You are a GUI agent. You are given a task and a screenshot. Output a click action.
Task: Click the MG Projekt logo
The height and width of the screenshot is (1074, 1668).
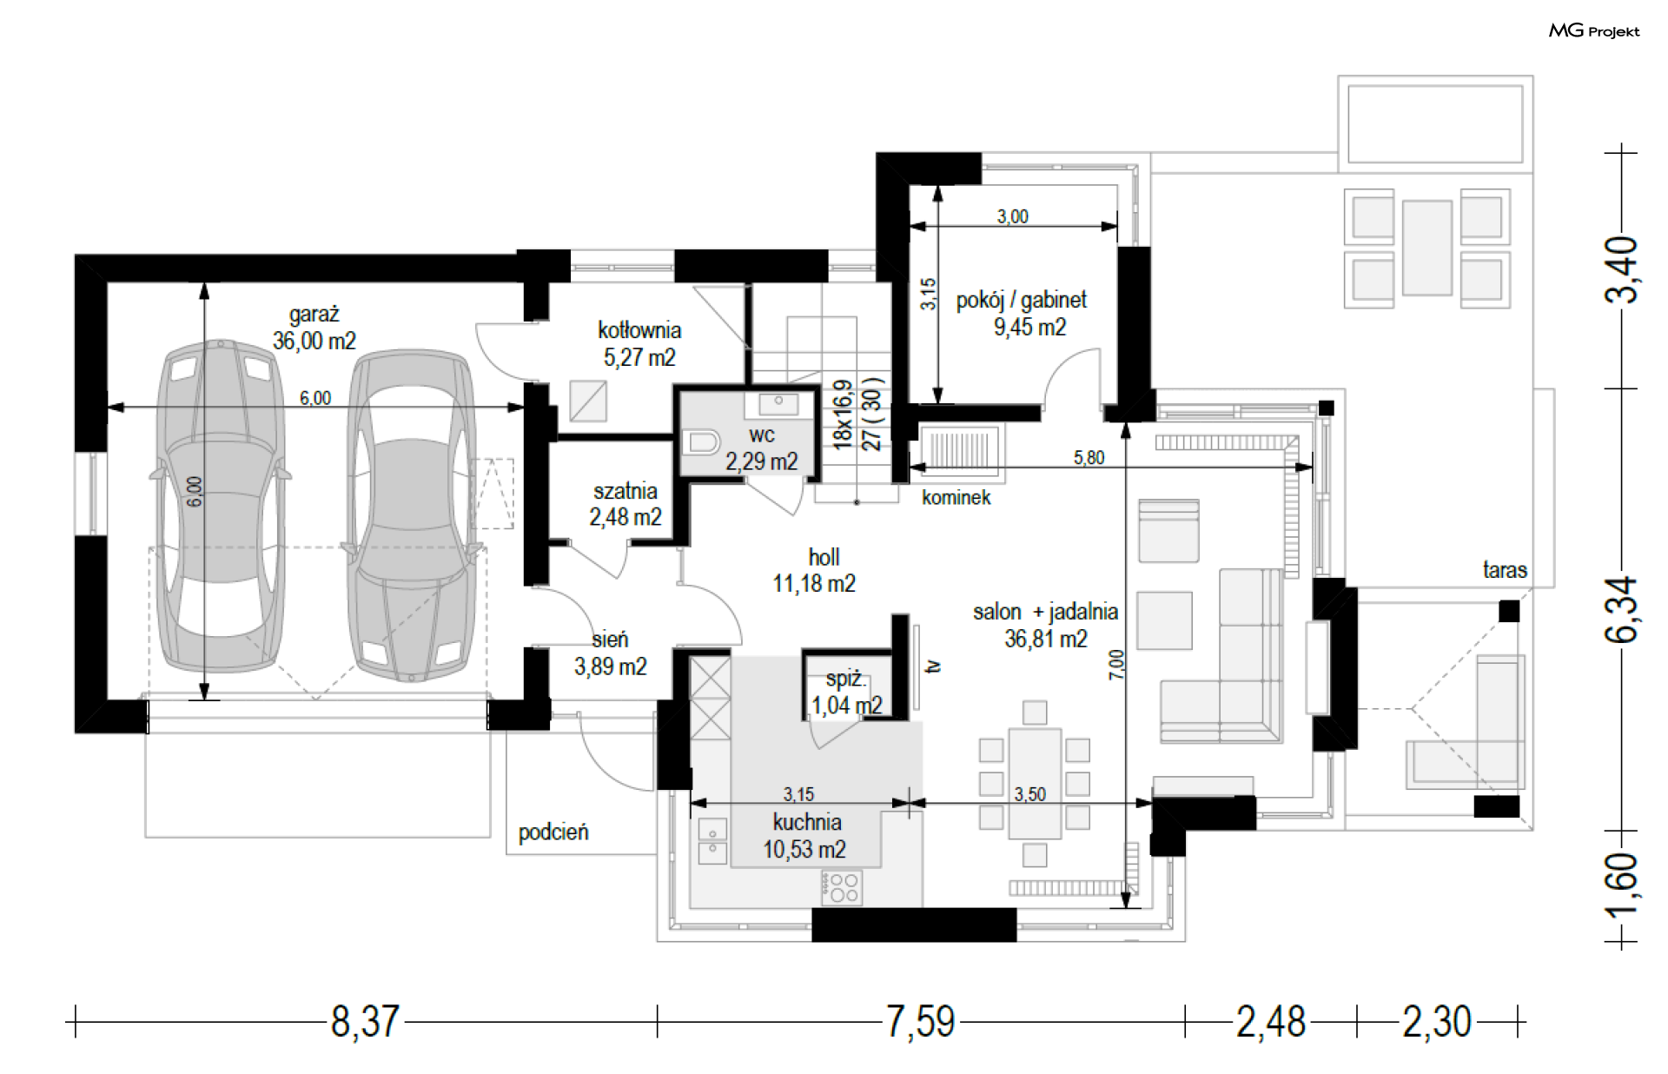1594,31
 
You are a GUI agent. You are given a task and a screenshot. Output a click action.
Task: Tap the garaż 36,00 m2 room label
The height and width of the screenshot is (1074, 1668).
314,328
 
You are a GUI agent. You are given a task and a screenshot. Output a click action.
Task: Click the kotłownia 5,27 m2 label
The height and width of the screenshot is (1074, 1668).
639,343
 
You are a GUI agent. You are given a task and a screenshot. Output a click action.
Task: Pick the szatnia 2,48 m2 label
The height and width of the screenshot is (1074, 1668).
625,504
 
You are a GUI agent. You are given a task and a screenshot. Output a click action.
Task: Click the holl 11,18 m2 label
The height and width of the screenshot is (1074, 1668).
814,570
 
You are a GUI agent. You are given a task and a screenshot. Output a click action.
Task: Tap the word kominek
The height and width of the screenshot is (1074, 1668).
956,497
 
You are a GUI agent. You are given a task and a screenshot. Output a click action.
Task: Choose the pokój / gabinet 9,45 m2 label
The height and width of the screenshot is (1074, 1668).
1022,313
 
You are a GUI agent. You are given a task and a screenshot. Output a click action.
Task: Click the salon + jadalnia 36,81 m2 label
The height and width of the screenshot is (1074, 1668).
1045,625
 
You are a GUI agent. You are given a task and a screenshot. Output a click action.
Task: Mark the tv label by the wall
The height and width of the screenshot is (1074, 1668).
933,666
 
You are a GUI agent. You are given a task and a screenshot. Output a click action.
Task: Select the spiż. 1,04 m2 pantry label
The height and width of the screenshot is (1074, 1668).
846,693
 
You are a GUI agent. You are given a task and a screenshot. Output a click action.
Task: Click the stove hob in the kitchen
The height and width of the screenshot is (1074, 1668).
842,887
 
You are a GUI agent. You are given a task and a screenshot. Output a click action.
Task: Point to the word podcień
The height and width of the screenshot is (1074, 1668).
553,832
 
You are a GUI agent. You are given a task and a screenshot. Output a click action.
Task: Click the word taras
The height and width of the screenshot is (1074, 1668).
1505,570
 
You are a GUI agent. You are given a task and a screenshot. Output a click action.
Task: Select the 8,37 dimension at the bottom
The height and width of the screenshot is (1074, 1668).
365,1022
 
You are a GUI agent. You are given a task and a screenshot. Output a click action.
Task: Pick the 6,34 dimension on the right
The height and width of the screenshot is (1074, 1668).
1621,609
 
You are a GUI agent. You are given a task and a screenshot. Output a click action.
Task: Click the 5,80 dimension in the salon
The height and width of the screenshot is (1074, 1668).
1089,457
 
